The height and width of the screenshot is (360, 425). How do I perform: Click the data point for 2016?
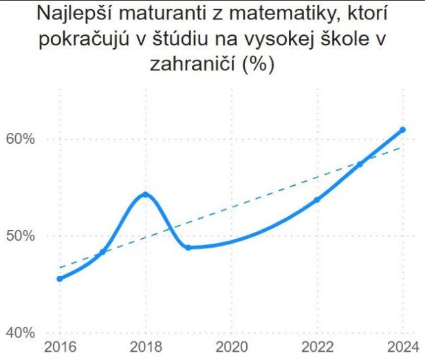[x=60, y=279]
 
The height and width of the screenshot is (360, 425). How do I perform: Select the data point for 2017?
[x=102, y=252]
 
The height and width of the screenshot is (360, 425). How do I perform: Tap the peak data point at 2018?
[x=145, y=194]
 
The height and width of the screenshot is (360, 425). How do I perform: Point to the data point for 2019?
[x=188, y=247]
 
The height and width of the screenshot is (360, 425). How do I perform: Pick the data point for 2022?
[x=317, y=200]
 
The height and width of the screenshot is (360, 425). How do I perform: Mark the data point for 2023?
[x=360, y=164]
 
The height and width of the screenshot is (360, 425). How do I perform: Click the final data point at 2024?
[x=403, y=129]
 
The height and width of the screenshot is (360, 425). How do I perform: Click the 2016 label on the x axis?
[x=60, y=346]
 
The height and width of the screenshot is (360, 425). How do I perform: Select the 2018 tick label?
[x=145, y=346]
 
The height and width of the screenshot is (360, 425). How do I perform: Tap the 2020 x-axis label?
[x=231, y=346]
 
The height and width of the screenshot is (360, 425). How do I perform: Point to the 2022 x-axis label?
[x=317, y=346]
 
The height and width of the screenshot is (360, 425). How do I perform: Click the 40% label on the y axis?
[x=20, y=333]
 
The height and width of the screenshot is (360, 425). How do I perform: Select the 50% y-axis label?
[x=20, y=236]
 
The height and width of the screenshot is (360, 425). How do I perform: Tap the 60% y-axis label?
[x=20, y=140]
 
